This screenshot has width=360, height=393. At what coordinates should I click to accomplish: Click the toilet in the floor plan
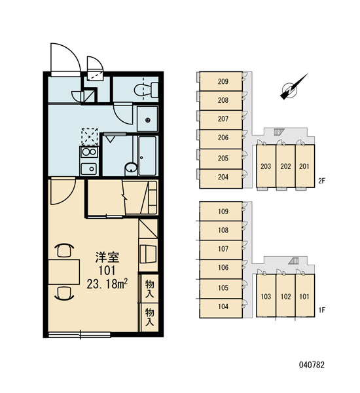pyautogui.click(x=146, y=90)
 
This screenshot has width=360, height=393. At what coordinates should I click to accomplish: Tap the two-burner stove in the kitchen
pyautogui.click(x=89, y=152)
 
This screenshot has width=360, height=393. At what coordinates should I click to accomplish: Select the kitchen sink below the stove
pyautogui.click(x=89, y=168)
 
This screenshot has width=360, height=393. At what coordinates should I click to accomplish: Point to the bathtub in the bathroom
pyautogui.click(x=147, y=156)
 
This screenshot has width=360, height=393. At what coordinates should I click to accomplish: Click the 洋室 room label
pyautogui.click(x=107, y=257)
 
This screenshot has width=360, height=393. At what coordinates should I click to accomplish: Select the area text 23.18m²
pyautogui.click(x=107, y=284)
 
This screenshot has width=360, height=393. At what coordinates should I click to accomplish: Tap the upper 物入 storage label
pyautogui.click(x=149, y=289)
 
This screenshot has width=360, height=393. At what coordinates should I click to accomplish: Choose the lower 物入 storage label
pyautogui.click(x=149, y=317)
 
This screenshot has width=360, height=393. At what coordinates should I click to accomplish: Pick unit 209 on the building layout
pyautogui.click(x=223, y=81)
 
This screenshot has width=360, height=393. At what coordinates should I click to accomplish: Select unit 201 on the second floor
pyautogui.click(x=304, y=166)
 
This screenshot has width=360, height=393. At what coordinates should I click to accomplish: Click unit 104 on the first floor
pyautogui.click(x=223, y=307)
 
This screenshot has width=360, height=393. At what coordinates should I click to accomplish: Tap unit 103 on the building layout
pyautogui.click(x=266, y=297)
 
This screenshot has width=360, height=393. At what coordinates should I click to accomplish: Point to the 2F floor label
pyautogui.click(x=321, y=181)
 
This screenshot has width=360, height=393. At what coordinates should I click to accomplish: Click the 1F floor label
pyautogui.click(x=321, y=310)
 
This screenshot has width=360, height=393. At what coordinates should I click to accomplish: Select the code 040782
pyautogui.click(x=312, y=365)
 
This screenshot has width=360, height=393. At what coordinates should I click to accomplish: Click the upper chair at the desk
pyautogui.click(x=65, y=250)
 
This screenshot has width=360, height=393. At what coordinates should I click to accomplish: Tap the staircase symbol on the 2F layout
pyautogui.click(x=278, y=132)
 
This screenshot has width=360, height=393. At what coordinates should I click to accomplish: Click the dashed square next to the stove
pyautogui.click(x=90, y=137)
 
